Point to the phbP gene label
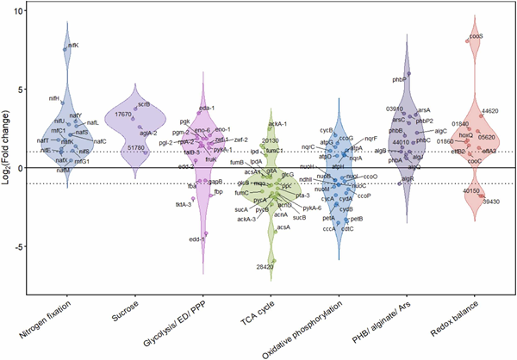pyautogui.click(x=399, y=79)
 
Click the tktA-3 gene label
pyautogui.click(x=184, y=204)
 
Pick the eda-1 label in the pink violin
pyautogui.click(x=207, y=108)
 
